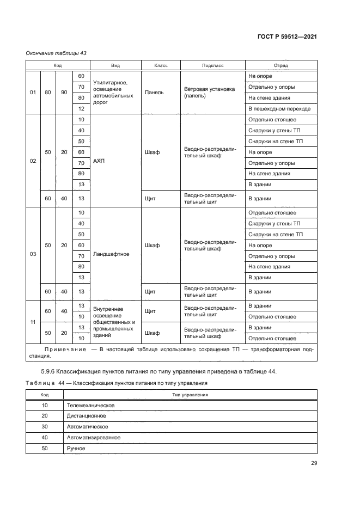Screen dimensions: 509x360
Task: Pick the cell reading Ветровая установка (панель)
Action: point(209,93)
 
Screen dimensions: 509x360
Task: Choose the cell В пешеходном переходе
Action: point(279,109)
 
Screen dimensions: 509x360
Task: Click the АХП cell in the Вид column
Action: point(99,162)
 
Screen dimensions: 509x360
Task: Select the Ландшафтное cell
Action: point(111,254)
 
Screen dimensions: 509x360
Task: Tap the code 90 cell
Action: point(64,93)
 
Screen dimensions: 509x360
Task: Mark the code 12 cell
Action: point(81,109)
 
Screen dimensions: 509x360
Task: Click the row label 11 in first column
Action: point(33,322)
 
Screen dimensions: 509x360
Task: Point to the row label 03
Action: point(33,254)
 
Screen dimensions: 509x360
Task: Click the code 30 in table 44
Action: point(44,427)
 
